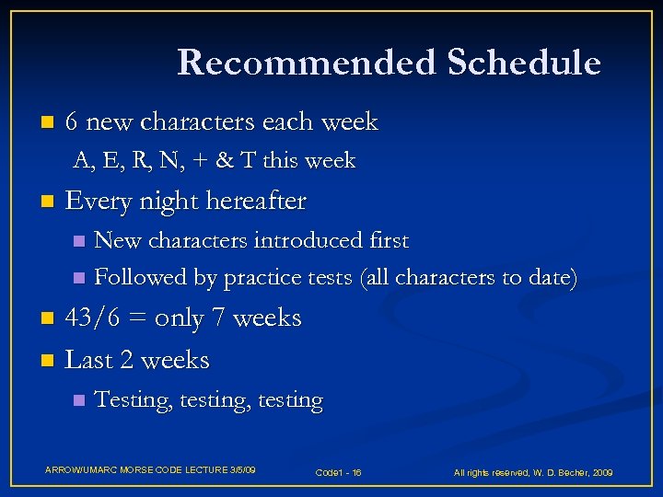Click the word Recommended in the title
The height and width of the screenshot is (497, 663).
[305, 63]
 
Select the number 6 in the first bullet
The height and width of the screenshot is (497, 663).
[73, 121]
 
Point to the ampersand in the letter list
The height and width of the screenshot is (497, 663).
[223, 161]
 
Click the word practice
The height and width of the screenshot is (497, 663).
[263, 278]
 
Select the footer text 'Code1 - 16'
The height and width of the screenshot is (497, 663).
[338, 472]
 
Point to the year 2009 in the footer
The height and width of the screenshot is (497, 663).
[602, 472]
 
